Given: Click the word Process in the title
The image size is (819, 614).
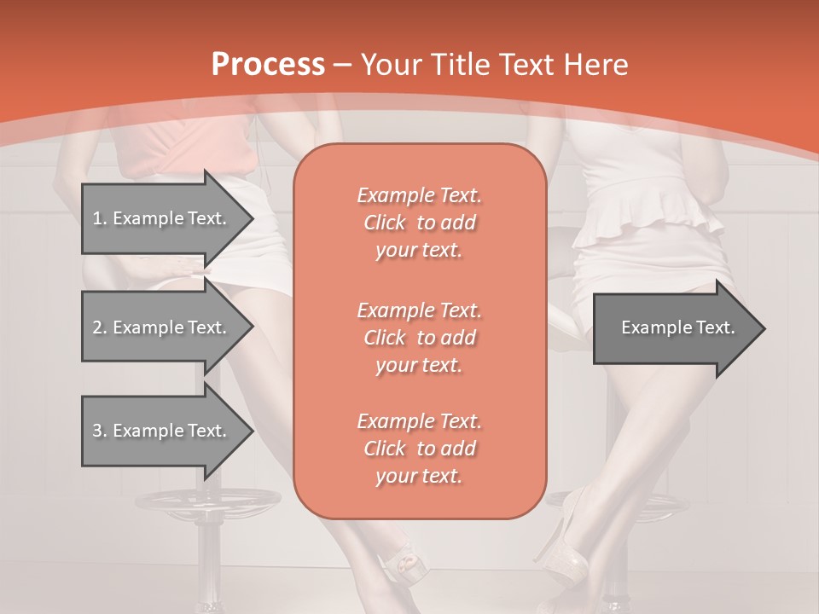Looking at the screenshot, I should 268,65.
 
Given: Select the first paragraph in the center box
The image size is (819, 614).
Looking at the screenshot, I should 419,223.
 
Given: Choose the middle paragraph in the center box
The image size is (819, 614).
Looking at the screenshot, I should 419,338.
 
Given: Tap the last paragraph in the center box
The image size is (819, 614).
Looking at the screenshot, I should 419,449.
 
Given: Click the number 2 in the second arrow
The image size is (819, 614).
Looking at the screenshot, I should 97,327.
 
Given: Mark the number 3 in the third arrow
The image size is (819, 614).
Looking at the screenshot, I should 97,431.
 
